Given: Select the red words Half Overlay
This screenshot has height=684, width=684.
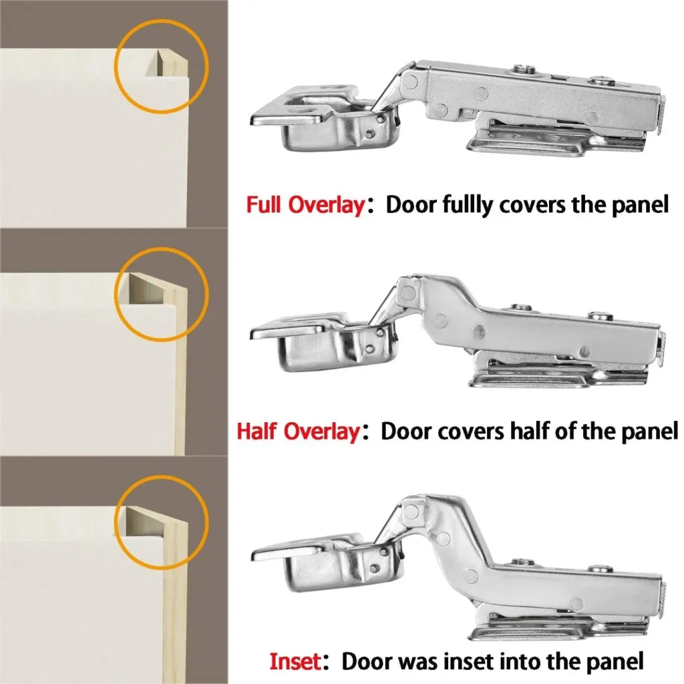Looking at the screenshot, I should pos(298,432).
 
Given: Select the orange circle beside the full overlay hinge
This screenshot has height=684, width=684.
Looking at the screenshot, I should pos(162,65).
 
